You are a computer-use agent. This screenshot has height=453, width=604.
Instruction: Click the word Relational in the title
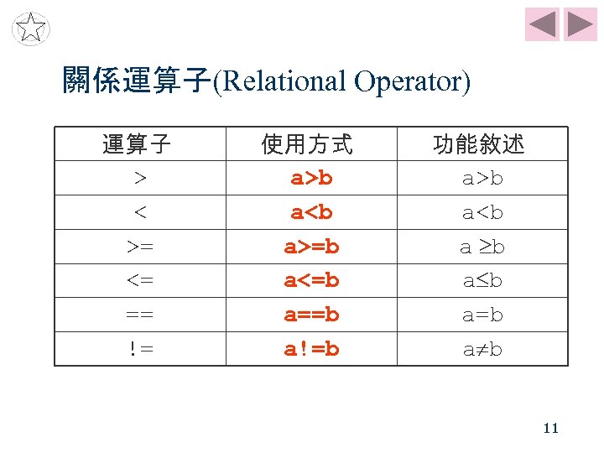click(281, 82)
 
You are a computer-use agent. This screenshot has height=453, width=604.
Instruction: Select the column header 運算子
click(138, 145)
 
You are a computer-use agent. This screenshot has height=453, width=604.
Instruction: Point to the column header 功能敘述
click(479, 145)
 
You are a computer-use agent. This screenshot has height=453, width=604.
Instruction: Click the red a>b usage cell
click(311, 178)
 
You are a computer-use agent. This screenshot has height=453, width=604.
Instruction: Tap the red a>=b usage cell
click(311, 247)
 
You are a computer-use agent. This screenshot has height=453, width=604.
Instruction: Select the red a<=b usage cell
click(311, 281)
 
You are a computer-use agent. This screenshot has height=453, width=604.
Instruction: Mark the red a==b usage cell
click(311, 315)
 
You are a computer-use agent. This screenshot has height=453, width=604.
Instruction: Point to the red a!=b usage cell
click(311, 349)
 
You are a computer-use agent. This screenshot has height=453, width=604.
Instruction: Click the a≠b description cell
click(482, 349)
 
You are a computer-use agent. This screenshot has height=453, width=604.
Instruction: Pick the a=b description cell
click(482, 315)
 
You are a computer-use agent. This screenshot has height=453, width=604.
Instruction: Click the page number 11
click(550, 428)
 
